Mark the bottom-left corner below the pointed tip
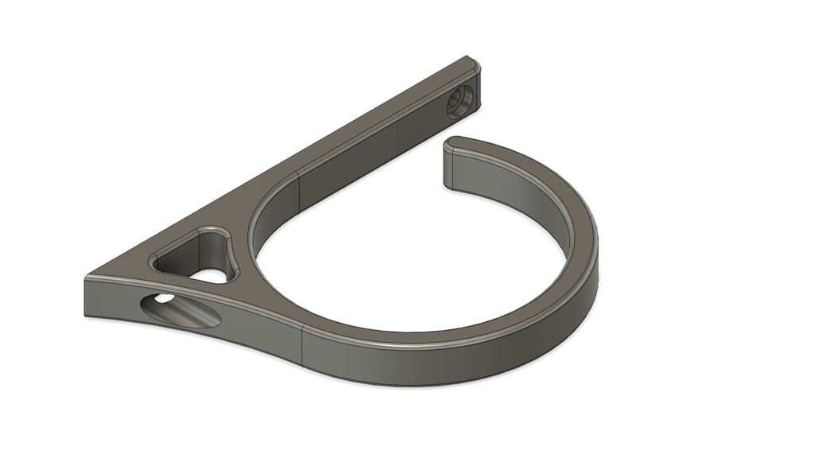[86, 314]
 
